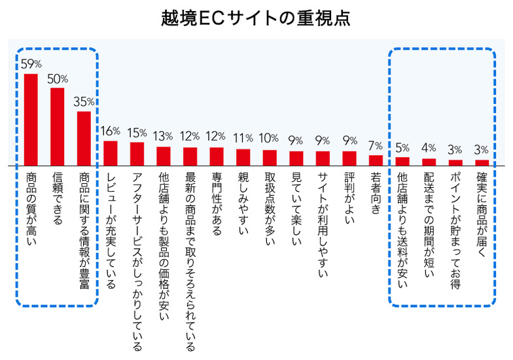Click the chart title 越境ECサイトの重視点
[256, 18]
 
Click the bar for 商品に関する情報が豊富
[84, 138]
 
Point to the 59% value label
[31, 64]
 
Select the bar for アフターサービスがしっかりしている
[137, 154]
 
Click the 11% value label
[243, 138]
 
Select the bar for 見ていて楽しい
[296, 158]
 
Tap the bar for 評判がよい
[349, 158]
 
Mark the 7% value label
[376, 145]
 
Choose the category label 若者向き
[376, 192]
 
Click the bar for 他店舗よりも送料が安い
[402, 161]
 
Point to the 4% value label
[429, 149]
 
